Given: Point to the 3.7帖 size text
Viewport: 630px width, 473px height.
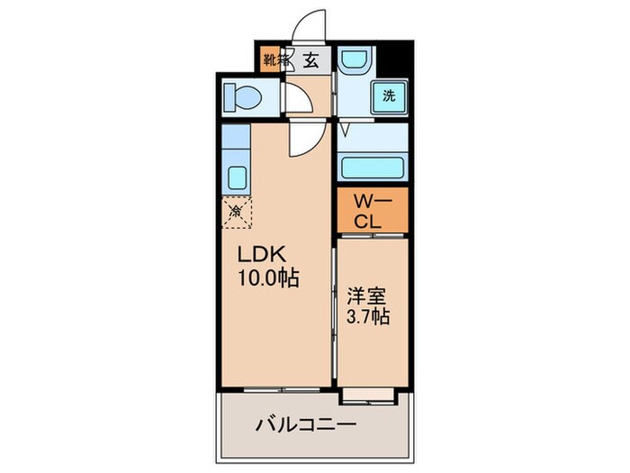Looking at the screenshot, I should [368, 317].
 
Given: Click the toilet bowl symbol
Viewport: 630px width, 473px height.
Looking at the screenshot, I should [242, 96].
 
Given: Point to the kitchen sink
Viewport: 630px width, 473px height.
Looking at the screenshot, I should [238, 177].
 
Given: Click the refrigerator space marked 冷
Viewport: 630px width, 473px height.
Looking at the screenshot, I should [237, 214].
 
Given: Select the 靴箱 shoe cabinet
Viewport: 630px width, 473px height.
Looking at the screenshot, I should [274, 61].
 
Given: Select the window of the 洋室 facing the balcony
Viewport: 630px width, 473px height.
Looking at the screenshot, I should [370, 394].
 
